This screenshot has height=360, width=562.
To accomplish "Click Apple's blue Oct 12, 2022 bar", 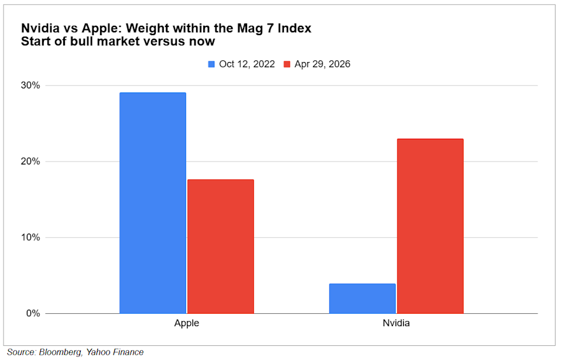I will click(x=153, y=203).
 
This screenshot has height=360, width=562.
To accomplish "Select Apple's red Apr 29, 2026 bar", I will click(x=221, y=246).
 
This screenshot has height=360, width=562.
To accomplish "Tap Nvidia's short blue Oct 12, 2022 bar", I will click(x=362, y=299).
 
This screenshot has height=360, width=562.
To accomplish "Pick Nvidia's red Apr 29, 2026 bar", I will click(x=430, y=226).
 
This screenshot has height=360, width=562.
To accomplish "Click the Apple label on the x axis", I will click(x=187, y=323).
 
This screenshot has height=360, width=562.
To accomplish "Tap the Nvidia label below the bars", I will click(x=396, y=323).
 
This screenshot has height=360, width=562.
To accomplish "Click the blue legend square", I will click(x=212, y=64).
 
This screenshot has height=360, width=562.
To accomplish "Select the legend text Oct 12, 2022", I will click(x=246, y=64).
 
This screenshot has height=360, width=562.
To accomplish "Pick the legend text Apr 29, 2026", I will click(x=323, y=64).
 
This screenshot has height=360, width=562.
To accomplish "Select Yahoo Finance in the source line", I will click(x=115, y=352).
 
